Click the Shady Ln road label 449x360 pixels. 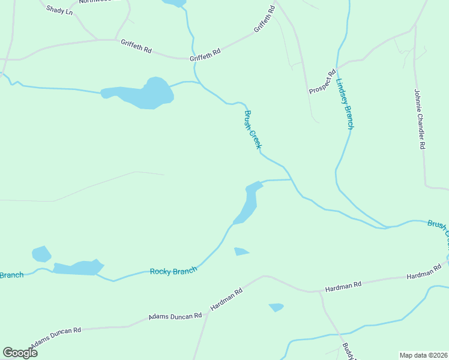[x=60, y=11]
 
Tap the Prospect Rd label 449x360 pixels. [x=322, y=82]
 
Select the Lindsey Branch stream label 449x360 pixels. [x=345, y=104]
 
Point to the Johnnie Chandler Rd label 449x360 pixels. [x=419, y=119]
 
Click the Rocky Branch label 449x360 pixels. [x=173, y=272]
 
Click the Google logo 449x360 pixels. [x=20, y=352]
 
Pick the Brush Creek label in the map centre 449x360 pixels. [x=253, y=129]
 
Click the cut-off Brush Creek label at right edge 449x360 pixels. [x=438, y=230]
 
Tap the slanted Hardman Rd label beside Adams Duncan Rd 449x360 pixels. [x=226, y=299]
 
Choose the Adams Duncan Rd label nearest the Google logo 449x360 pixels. [x=57, y=337]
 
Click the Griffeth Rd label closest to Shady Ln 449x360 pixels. [x=136, y=46]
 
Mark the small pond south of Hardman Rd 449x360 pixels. [x=276, y=307]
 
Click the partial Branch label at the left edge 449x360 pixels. [x=11, y=275]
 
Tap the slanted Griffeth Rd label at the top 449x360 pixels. [x=264, y=19]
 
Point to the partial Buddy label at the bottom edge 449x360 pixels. [x=346, y=352]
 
